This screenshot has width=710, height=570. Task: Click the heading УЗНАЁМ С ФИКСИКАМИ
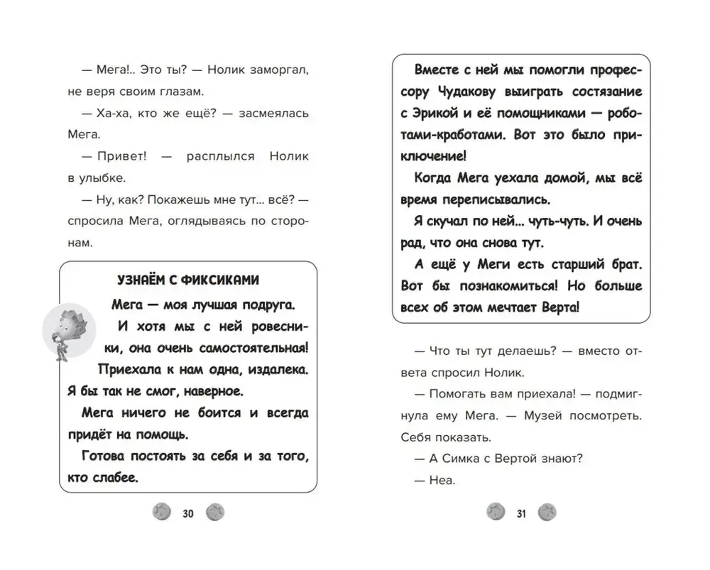(x=187, y=280)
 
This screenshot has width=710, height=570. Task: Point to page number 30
(x=188, y=513)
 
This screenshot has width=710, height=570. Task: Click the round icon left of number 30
(x=161, y=513)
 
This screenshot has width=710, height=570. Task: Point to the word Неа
(x=442, y=480)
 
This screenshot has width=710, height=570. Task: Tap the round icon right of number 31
(x=547, y=513)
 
